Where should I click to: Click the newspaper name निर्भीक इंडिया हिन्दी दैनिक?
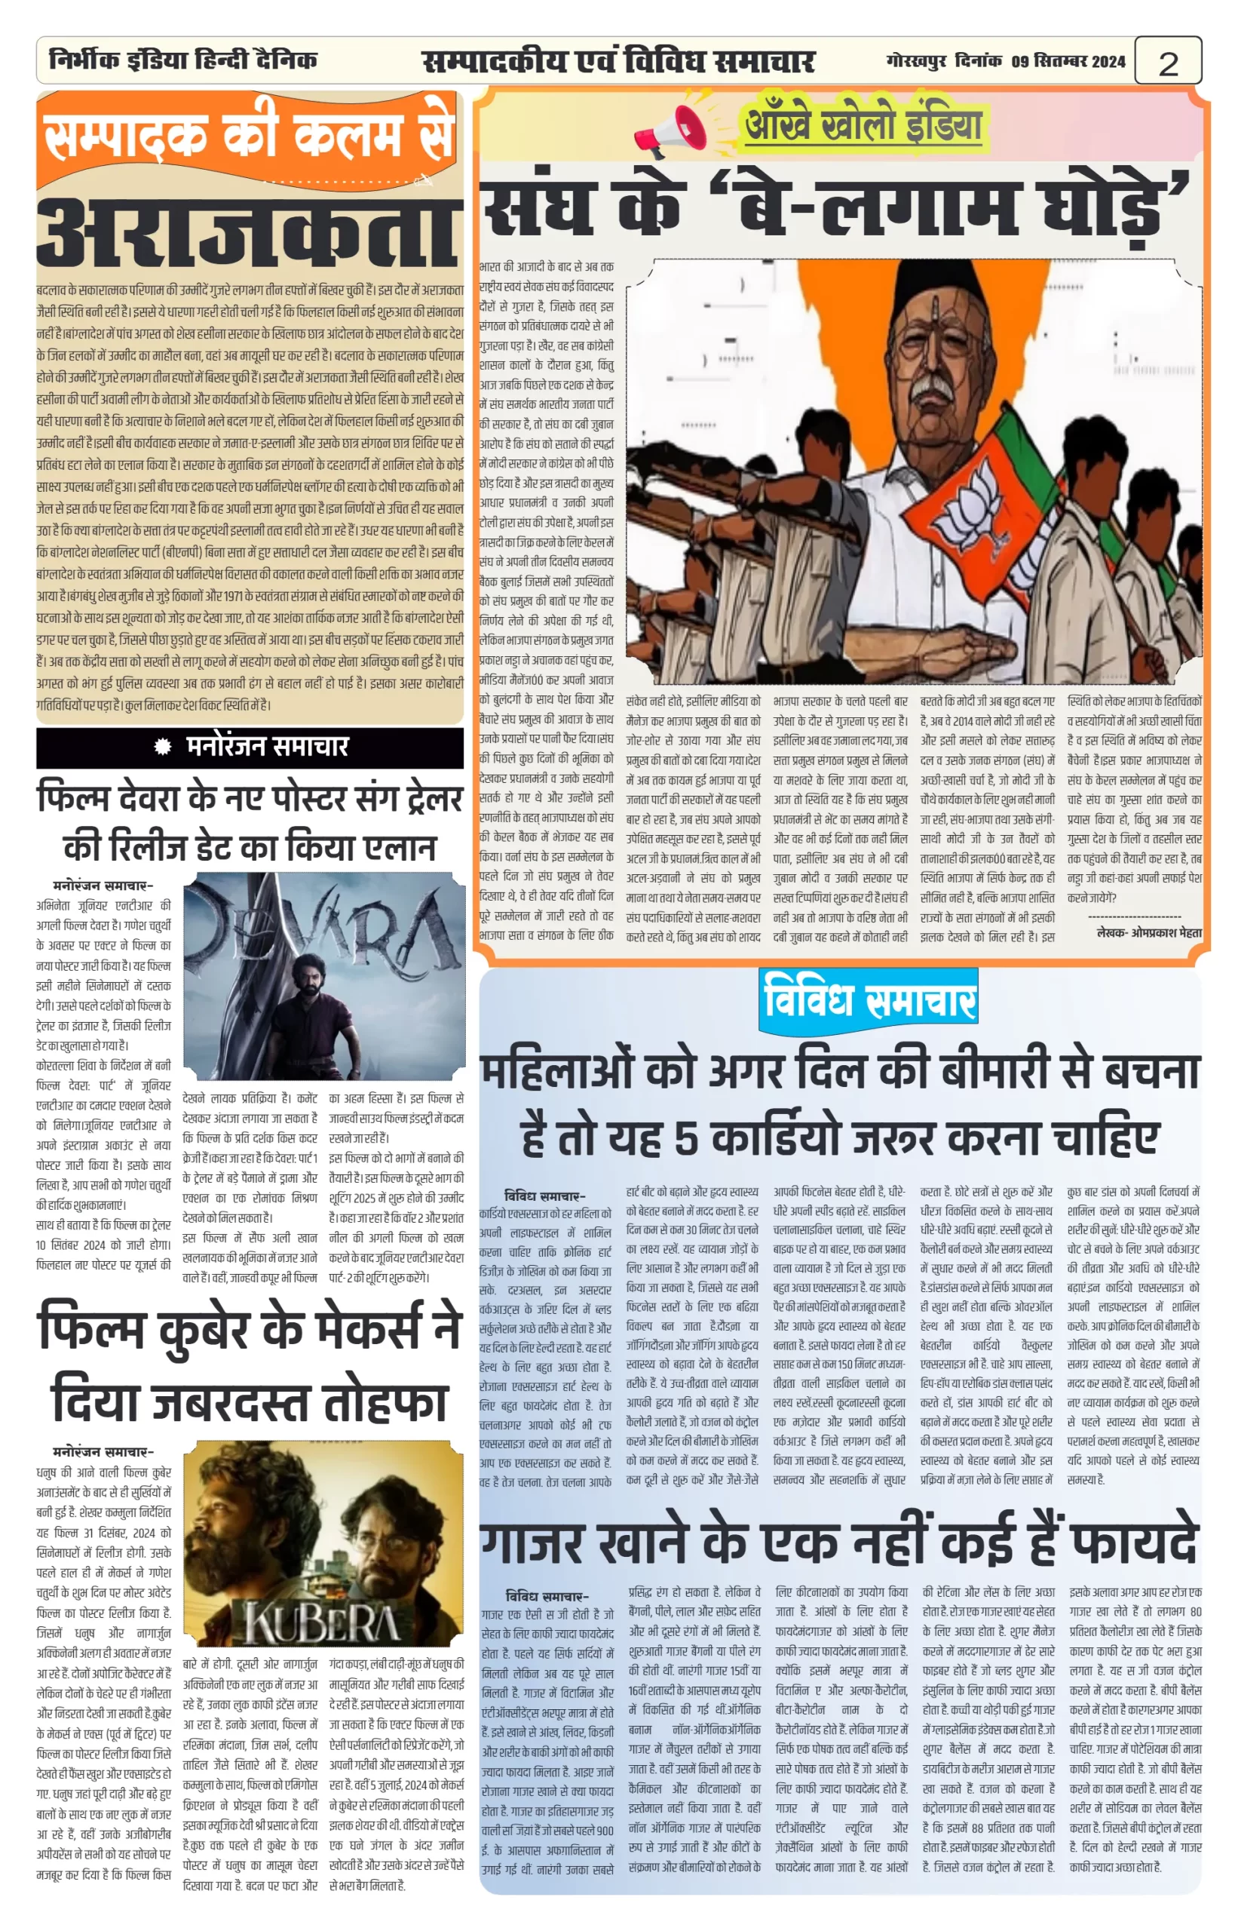click(x=182, y=60)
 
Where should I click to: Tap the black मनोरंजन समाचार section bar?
click(x=250, y=748)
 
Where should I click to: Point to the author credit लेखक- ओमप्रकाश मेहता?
click(x=1149, y=933)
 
